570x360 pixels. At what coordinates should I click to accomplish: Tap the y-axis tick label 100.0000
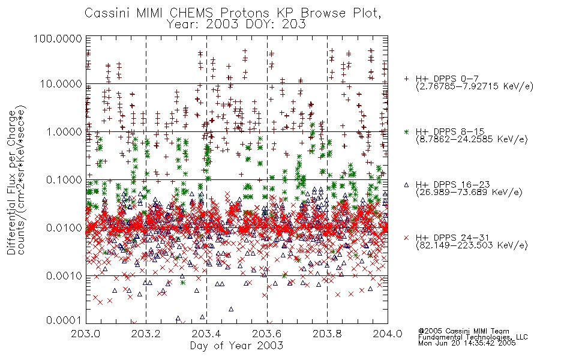[x=58, y=38]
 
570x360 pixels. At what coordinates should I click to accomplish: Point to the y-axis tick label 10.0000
[x=61, y=84]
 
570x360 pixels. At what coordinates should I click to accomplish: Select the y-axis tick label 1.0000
[x=64, y=131]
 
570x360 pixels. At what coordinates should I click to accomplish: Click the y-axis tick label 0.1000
[x=64, y=179]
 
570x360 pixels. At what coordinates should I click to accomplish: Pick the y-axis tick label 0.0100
[x=64, y=228]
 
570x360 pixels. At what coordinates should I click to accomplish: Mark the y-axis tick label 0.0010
[x=64, y=276]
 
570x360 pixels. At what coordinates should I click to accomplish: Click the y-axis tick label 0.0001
[x=64, y=320]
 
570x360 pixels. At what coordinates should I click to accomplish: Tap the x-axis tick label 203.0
[x=86, y=334]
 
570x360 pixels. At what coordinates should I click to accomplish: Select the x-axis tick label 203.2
[x=146, y=334]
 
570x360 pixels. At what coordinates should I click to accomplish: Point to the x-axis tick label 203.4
[x=206, y=334]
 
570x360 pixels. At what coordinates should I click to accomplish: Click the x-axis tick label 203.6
[x=267, y=334]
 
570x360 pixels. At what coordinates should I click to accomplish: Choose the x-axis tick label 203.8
[x=327, y=334]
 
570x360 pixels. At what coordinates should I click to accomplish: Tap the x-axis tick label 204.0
[x=388, y=334]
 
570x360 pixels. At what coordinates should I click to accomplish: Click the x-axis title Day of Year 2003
[x=236, y=346]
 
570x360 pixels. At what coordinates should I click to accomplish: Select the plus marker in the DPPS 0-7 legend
[x=406, y=79]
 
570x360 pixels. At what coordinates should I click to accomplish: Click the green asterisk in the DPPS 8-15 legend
[x=406, y=131]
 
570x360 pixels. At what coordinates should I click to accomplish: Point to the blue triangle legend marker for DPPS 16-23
[x=406, y=185]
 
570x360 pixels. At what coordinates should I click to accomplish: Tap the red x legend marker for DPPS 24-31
[x=406, y=238]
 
